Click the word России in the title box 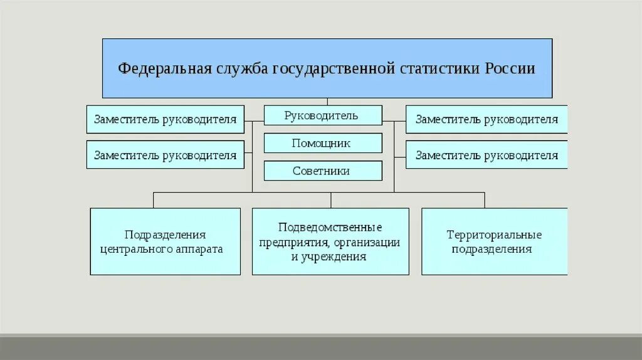click(x=510, y=68)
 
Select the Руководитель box click(x=323, y=115)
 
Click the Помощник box click(x=323, y=143)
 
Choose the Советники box click(x=323, y=171)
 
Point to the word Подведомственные click(x=330, y=227)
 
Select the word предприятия click(x=294, y=242)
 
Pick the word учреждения click(x=337, y=257)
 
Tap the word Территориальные click(x=494, y=235)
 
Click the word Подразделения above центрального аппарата click(x=165, y=235)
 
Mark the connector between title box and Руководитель click(x=327, y=102)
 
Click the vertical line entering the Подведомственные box click(x=331, y=201)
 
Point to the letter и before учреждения click(x=294, y=257)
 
